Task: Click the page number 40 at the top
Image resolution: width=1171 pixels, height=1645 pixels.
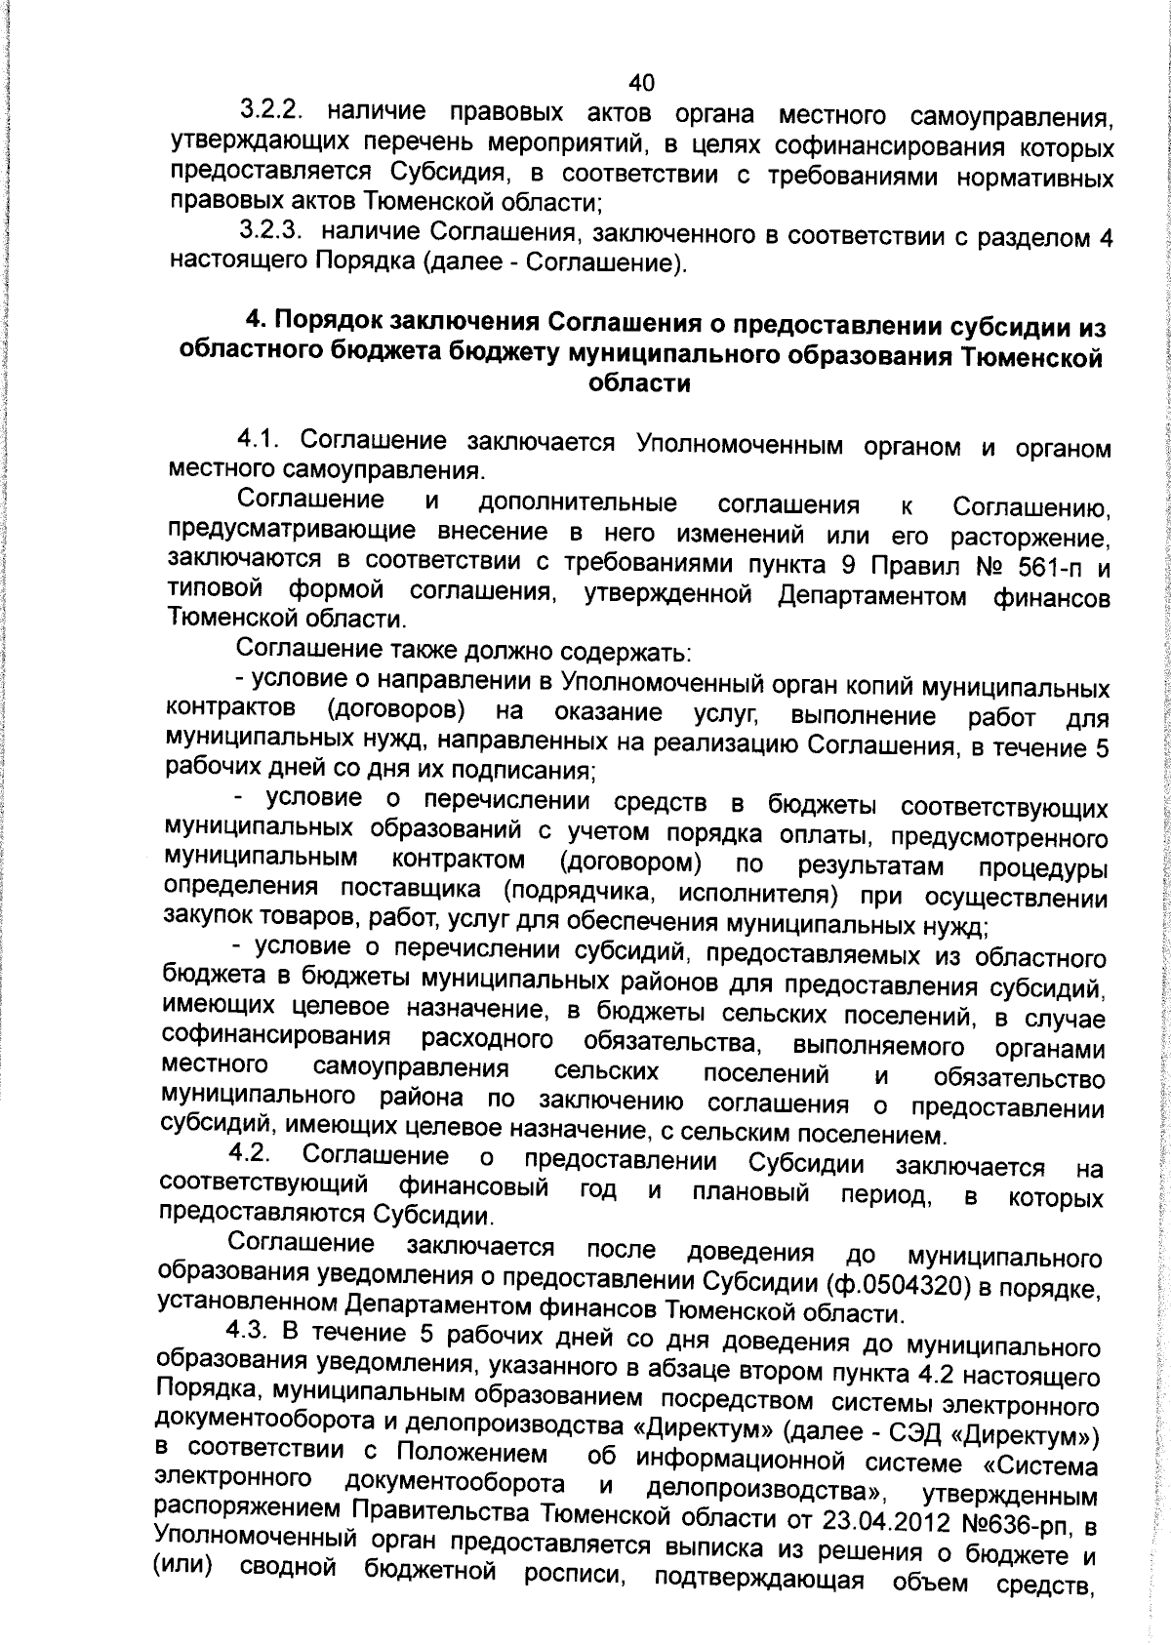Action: (x=642, y=82)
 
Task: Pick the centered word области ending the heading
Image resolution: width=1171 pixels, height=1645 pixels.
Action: (x=640, y=384)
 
